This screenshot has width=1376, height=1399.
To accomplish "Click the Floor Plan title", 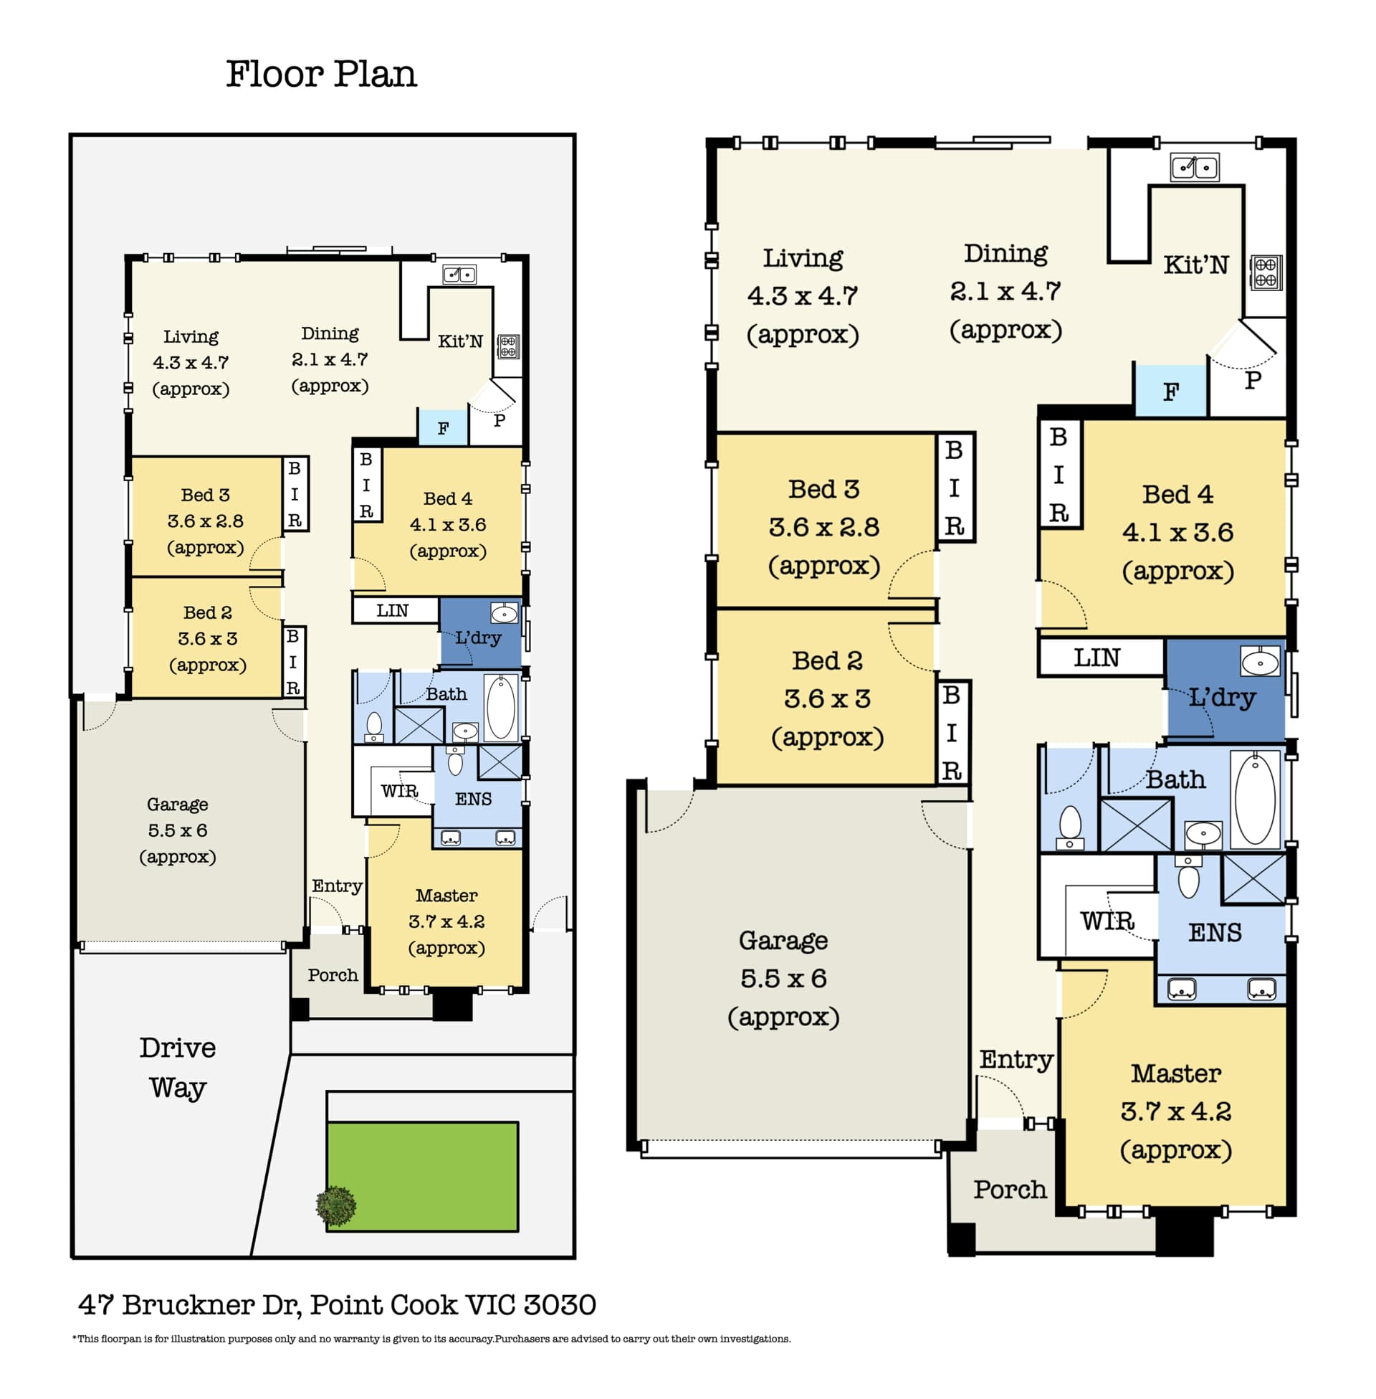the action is point(321,74).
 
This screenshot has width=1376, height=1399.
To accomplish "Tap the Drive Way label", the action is point(178,1067).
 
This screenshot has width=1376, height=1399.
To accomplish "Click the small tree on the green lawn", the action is point(336,1205).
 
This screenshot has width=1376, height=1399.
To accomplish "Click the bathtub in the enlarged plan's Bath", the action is point(1255,798).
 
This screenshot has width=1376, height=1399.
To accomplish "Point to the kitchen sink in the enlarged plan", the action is point(1195,167).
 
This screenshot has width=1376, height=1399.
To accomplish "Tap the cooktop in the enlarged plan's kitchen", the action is point(1266,272).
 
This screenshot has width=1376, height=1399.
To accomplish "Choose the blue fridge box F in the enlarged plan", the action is point(1171,390).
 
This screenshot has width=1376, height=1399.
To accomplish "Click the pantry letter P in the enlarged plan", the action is point(1253,379).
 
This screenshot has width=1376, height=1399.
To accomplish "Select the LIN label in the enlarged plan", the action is point(1096,658).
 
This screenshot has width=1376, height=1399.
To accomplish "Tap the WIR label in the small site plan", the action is point(399,791).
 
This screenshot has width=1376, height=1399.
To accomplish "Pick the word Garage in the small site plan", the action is point(177,805).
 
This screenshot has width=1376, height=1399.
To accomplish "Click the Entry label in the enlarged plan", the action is point(1016,1060).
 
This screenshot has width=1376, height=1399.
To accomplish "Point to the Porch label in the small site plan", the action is point(333,975).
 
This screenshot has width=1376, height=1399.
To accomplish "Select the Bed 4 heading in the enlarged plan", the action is point(1177,494).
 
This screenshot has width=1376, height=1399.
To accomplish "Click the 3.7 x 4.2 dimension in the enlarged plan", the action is point(1176,1111).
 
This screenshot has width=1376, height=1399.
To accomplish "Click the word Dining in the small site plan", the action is point(330,333).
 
